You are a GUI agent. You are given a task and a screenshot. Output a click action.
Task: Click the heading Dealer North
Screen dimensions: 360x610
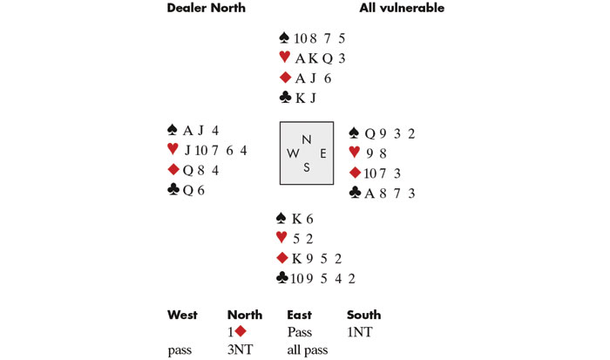[x=206, y=9]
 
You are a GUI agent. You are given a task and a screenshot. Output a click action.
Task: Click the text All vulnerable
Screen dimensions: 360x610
[x=402, y=9]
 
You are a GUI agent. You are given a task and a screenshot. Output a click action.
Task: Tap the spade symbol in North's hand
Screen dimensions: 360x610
[x=284, y=37]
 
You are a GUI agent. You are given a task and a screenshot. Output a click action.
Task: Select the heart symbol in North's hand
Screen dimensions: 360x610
[x=284, y=58]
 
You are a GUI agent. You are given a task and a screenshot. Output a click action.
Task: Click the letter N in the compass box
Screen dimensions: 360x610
[x=305, y=139]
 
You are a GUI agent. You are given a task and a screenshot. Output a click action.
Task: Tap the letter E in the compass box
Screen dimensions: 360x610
[x=322, y=153]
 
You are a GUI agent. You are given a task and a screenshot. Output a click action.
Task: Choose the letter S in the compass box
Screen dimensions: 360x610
[x=306, y=168]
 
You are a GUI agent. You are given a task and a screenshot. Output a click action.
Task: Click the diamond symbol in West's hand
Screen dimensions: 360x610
[x=173, y=170]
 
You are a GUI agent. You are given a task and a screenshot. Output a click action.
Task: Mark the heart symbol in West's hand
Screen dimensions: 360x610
[x=173, y=150]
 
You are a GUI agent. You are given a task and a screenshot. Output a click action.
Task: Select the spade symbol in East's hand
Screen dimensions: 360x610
[x=353, y=132]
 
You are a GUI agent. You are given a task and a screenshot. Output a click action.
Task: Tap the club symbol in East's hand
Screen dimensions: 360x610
[x=354, y=193]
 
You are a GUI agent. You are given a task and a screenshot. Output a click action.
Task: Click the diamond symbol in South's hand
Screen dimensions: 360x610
[x=282, y=258]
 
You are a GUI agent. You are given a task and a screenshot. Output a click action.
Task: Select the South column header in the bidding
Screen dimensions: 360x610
[x=363, y=315]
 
